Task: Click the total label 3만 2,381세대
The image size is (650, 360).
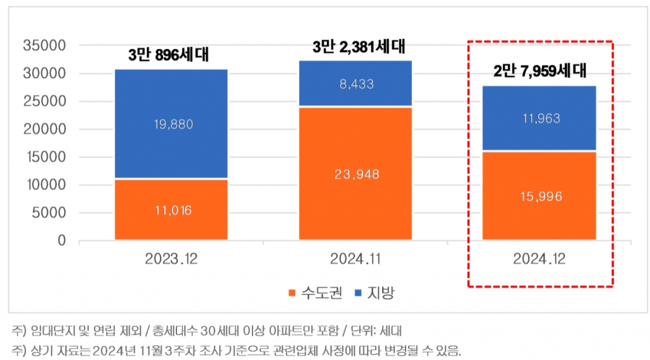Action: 359,46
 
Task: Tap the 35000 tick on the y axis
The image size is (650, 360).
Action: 44,46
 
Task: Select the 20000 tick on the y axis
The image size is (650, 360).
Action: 44,130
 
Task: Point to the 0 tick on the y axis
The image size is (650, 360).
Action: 62,241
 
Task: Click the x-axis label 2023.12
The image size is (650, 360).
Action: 171,260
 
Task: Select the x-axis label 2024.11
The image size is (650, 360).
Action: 355,260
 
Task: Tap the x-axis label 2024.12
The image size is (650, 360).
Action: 540,260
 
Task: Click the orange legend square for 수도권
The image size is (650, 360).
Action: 291,293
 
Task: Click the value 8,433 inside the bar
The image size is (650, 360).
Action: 355,84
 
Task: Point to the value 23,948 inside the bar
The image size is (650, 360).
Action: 355,174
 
